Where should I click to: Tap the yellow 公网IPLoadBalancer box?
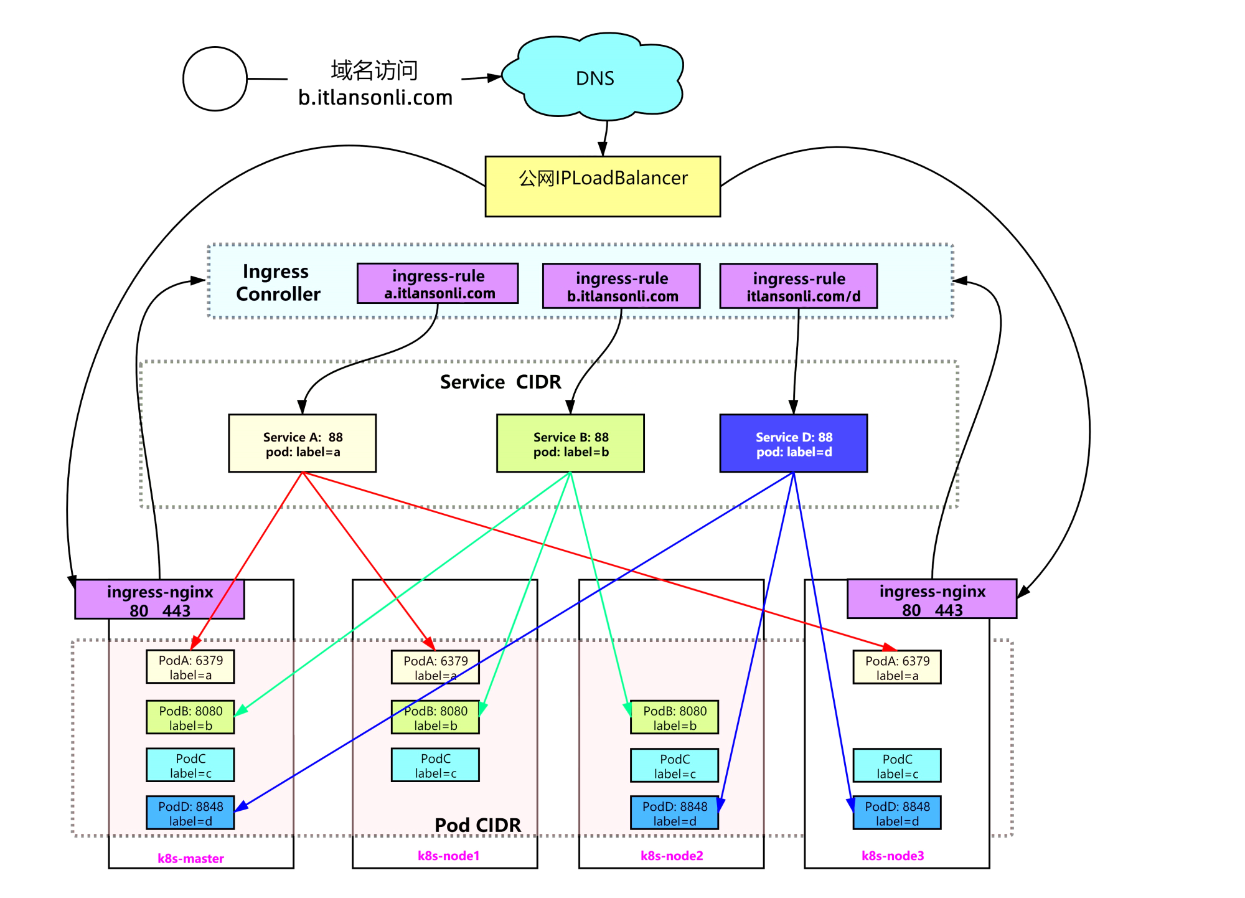pyautogui.click(x=603, y=186)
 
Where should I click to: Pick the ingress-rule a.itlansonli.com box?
pyautogui.click(x=438, y=283)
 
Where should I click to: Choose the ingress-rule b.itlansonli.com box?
pyautogui.click(x=621, y=286)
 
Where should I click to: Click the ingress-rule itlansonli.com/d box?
pyautogui.click(x=799, y=286)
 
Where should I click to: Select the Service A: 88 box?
pyautogui.click(x=303, y=443)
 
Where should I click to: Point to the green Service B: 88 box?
pyautogui.click(x=570, y=443)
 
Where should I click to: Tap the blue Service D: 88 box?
pyautogui.click(x=794, y=443)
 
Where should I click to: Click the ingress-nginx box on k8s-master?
pyautogui.click(x=159, y=600)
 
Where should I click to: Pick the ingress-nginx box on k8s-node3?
pyautogui.click(x=932, y=599)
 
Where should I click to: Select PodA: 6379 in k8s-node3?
pyautogui.click(x=897, y=668)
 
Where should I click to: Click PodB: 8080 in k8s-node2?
pyautogui.click(x=674, y=717)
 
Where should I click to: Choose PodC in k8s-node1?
pyautogui.click(x=435, y=765)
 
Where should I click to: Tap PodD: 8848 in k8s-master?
pyautogui.click(x=190, y=813)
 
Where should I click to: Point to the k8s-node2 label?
pyautogui.click(x=672, y=856)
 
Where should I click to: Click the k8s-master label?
pyautogui.click(x=190, y=858)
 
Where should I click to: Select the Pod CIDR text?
pyautogui.click(x=477, y=825)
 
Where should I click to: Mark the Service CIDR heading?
pyautogui.click(x=500, y=382)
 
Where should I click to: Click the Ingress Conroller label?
pyautogui.click(x=278, y=283)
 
